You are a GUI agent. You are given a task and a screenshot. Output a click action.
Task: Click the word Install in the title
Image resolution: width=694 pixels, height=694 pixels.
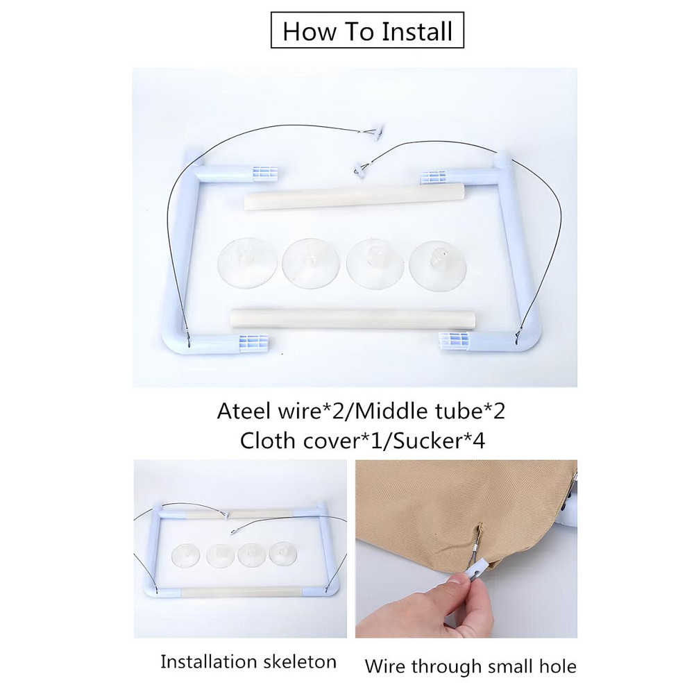[x=417, y=31]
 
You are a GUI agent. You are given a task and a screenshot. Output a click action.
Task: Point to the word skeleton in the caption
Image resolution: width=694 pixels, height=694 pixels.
[x=300, y=662]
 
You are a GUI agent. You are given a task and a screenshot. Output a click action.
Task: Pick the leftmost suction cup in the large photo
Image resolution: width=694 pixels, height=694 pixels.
[x=248, y=263]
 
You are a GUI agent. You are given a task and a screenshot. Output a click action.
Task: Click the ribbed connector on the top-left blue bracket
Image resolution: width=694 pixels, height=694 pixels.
[x=265, y=173]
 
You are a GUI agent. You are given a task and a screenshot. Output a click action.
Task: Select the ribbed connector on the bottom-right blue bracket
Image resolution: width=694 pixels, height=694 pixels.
[x=454, y=341]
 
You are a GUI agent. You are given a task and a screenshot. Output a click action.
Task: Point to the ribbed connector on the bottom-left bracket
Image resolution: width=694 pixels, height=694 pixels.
[x=253, y=343]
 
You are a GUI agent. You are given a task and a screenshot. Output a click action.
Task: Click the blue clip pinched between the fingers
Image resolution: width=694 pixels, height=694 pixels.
[x=477, y=574]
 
